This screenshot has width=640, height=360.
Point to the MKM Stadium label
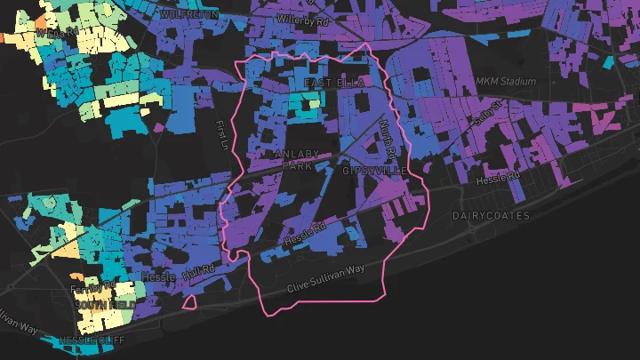506,81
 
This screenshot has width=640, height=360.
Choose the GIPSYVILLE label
374,170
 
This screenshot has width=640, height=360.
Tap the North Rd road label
388,135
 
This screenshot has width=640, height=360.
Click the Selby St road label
487,112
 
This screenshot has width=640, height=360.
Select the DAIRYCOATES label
490,216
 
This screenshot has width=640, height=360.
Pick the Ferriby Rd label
93,286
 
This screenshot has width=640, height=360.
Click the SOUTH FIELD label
105,305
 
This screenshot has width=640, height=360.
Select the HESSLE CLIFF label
92,340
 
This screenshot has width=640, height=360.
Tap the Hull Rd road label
199,273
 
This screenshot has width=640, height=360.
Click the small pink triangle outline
189,302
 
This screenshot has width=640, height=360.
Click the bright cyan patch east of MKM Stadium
607,63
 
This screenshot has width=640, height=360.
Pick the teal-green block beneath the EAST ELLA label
311,103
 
